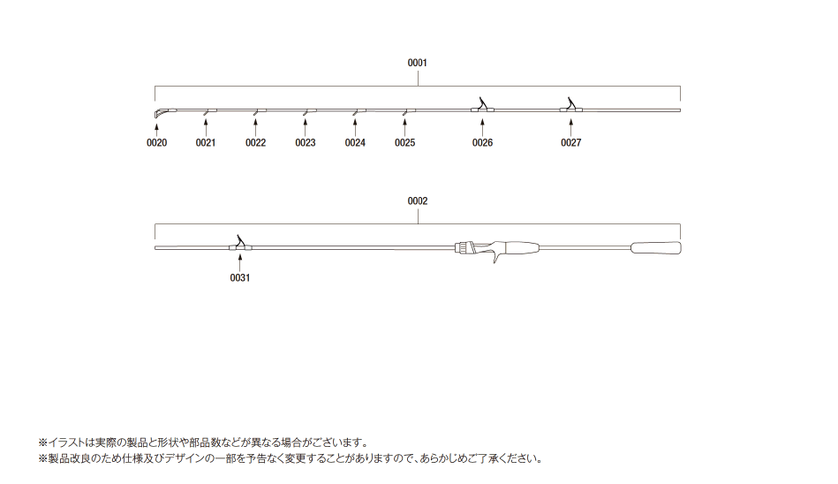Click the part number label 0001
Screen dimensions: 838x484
coord(418,63)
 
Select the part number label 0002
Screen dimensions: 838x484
coord(418,201)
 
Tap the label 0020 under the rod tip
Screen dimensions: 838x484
coord(156,143)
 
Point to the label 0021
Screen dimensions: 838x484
coord(206,143)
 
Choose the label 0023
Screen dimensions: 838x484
coord(306,143)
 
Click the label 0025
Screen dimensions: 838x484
coord(405,143)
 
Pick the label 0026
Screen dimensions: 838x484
coord(483,143)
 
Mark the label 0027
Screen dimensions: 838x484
coord(570,143)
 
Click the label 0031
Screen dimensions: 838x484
coord(240,277)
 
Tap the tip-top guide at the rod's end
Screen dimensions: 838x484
coord(162,112)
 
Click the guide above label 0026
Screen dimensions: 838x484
coord(483,105)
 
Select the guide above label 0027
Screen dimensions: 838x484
coord(570,105)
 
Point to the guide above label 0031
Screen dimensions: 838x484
coord(240,243)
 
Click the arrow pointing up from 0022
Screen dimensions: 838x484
coord(255,127)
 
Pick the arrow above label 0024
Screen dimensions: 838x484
coord(355,127)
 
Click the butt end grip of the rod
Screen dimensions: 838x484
coord(656,248)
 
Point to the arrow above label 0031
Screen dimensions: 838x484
coord(240,262)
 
